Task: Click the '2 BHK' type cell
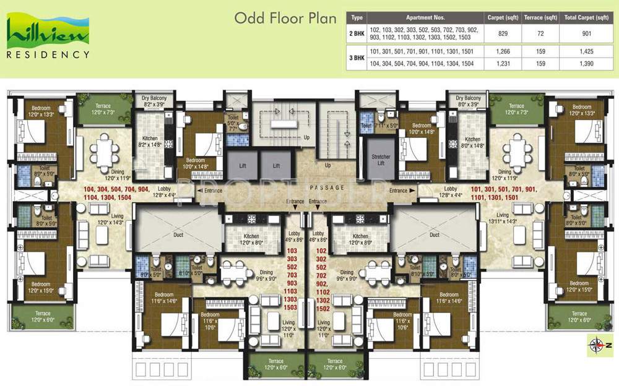click(357, 34)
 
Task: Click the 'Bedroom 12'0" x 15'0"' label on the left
click(41, 287)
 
